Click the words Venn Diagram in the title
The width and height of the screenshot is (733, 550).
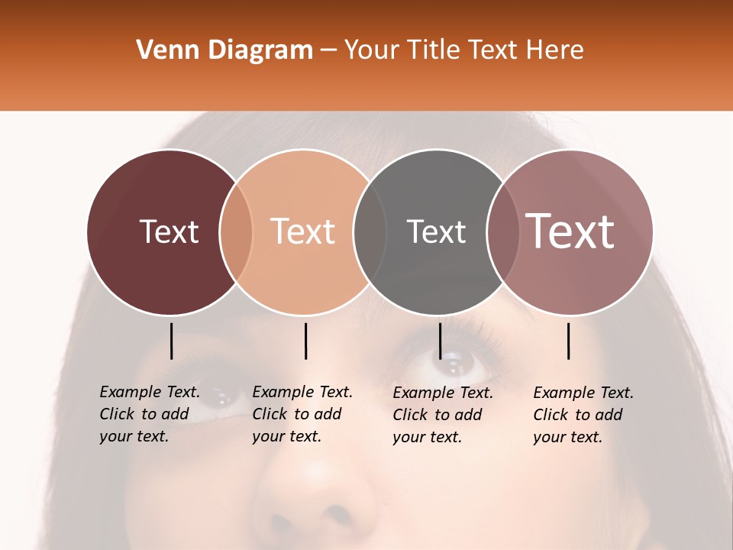click(x=224, y=50)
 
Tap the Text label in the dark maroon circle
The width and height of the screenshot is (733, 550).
click(x=169, y=231)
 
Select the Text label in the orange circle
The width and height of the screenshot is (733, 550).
click(x=303, y=231)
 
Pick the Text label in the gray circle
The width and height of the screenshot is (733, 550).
click(x=436, y=231)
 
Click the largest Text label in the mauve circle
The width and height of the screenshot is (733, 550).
click(x=570, y=231)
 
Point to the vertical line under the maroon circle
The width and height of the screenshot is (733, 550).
click(x=171, y=341)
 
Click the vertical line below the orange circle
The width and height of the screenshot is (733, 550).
click(x=305, y=341)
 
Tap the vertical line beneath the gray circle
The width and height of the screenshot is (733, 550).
click(x=440, y=341)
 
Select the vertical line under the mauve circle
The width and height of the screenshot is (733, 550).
click(x=569, y=341)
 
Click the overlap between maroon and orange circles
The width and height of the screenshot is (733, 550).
click(x=236, y=231)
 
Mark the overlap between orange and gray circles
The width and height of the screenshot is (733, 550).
click(x=370, y=231)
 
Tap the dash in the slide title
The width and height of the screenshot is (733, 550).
click(x=328, y=50)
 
